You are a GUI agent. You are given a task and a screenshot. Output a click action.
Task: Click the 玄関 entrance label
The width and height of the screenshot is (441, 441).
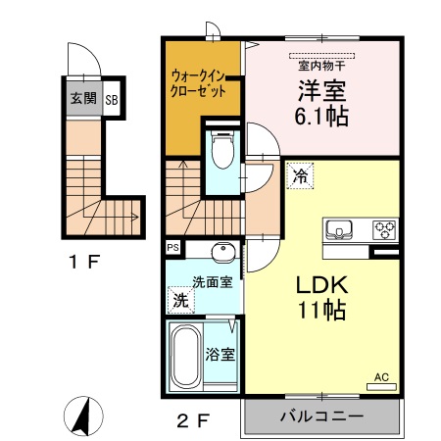(82, 98)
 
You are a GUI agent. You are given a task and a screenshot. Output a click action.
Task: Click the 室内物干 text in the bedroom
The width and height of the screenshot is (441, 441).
(322, 66)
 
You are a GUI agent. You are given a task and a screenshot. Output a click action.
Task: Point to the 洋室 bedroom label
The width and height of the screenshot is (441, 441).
(322, 90)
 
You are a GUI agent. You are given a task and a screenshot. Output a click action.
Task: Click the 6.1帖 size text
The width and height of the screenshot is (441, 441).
(322, 116)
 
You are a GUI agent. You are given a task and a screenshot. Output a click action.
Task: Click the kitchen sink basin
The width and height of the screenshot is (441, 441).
(340, 230)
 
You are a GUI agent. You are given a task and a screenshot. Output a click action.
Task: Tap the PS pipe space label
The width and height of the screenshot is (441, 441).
(173, 248)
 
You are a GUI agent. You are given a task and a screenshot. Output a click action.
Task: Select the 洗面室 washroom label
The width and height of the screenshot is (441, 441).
(211, 281)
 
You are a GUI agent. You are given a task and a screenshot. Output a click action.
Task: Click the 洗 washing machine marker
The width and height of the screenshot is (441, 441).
(180, 298)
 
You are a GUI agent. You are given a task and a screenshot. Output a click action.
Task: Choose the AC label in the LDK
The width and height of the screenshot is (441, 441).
(381, 376)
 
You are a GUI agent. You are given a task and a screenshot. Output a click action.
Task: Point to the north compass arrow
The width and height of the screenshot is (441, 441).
(83, 416)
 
